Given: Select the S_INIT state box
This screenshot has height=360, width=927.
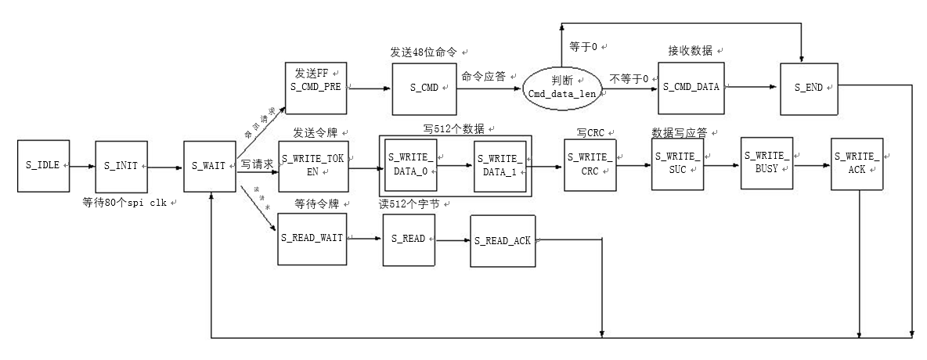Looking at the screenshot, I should tap(121, 166).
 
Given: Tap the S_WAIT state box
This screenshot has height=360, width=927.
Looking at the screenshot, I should tap(209, 166).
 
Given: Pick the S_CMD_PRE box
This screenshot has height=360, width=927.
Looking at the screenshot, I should tap(315, 88).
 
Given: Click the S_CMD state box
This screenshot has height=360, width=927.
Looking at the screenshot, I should tap(424, 88).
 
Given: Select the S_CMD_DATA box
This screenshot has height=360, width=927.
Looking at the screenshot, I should tap(691, 87).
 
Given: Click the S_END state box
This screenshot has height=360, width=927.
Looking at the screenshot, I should tap(809, 88).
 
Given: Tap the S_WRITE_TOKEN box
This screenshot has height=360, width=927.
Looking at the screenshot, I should tap(312, 165).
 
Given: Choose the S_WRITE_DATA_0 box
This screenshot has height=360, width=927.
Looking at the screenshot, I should tap(410, 165).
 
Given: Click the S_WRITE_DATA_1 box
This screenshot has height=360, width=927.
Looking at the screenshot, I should tap(500, 165).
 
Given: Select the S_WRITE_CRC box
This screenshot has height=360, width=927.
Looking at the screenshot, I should tap(590, 165).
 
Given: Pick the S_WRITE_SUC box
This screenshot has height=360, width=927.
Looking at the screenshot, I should tap(678, 164).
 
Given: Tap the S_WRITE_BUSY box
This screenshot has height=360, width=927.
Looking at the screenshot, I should tap(767, 164).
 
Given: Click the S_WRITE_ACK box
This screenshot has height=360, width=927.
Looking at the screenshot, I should tap(857, 164).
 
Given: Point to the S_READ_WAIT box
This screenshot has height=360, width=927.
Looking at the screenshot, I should tap(312, 238).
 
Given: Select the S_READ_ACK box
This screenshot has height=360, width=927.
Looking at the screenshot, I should tap(503, 241).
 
